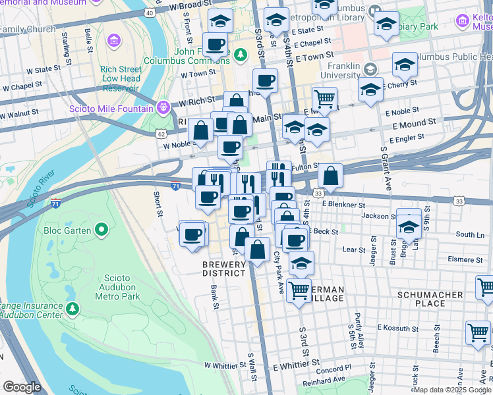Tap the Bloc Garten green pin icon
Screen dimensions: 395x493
coord(101,230)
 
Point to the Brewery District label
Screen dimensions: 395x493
coord(224,269)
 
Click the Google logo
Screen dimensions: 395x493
coord(22,388)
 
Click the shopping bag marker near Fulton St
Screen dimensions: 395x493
coord(330,176)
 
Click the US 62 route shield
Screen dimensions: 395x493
coord(161,134)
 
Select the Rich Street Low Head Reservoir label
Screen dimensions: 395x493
coord(121,78)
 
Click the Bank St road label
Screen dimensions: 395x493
coord(214,297)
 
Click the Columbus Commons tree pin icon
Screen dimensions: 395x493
coord(241,54)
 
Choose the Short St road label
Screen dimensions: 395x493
coord(158,203)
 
